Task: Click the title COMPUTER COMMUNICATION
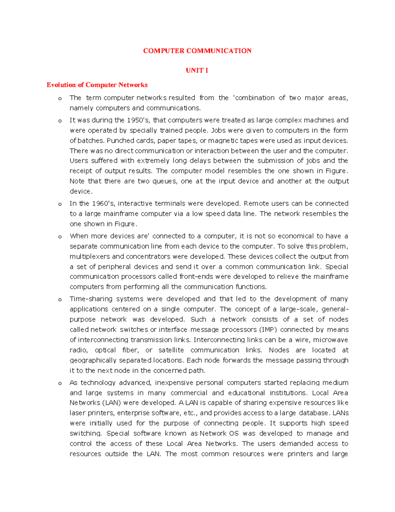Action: click(x=197, y=51)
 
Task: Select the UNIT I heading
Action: click(x=197, y=70)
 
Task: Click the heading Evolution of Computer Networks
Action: click(x=97, y=85)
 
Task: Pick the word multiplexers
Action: click(x=90, y=256)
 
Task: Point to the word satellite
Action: click(x=171, y=350)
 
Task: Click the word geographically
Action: click(x=93, y=360)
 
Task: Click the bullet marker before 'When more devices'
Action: click(x=60, y=237)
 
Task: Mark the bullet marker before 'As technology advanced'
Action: click(x=60, y=383)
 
